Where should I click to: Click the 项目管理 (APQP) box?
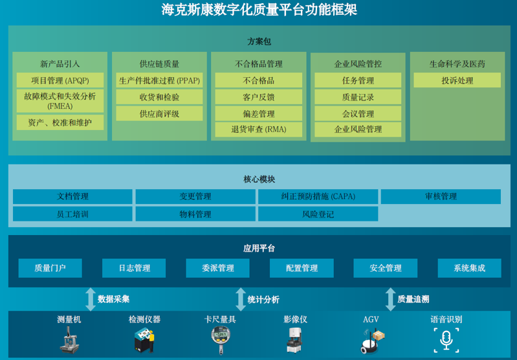(60, 80)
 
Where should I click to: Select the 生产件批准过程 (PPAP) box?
(159, 80)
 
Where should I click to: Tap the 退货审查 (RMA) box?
(259, 129)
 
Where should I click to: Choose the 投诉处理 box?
(457, 80)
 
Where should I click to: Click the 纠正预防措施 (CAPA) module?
(318, 196)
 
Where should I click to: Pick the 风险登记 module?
(318, 214)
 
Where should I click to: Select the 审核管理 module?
(441, 196)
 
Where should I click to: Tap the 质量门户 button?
(50, 268)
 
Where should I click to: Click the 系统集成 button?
(469, 268)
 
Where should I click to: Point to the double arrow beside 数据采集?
(91, 299)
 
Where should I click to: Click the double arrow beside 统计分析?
(241, 299)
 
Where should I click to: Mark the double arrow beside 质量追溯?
(390, 299)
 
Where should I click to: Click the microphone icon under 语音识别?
(446, 340)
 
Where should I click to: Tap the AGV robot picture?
(373, 341)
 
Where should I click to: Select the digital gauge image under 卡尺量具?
(220, 340)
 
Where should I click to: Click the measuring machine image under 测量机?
(69, 340)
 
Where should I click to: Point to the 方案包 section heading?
(259, 41)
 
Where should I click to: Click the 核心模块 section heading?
(259, 179)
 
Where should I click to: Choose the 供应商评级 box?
(159, 114)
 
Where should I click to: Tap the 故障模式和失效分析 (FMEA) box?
(60, 101)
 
